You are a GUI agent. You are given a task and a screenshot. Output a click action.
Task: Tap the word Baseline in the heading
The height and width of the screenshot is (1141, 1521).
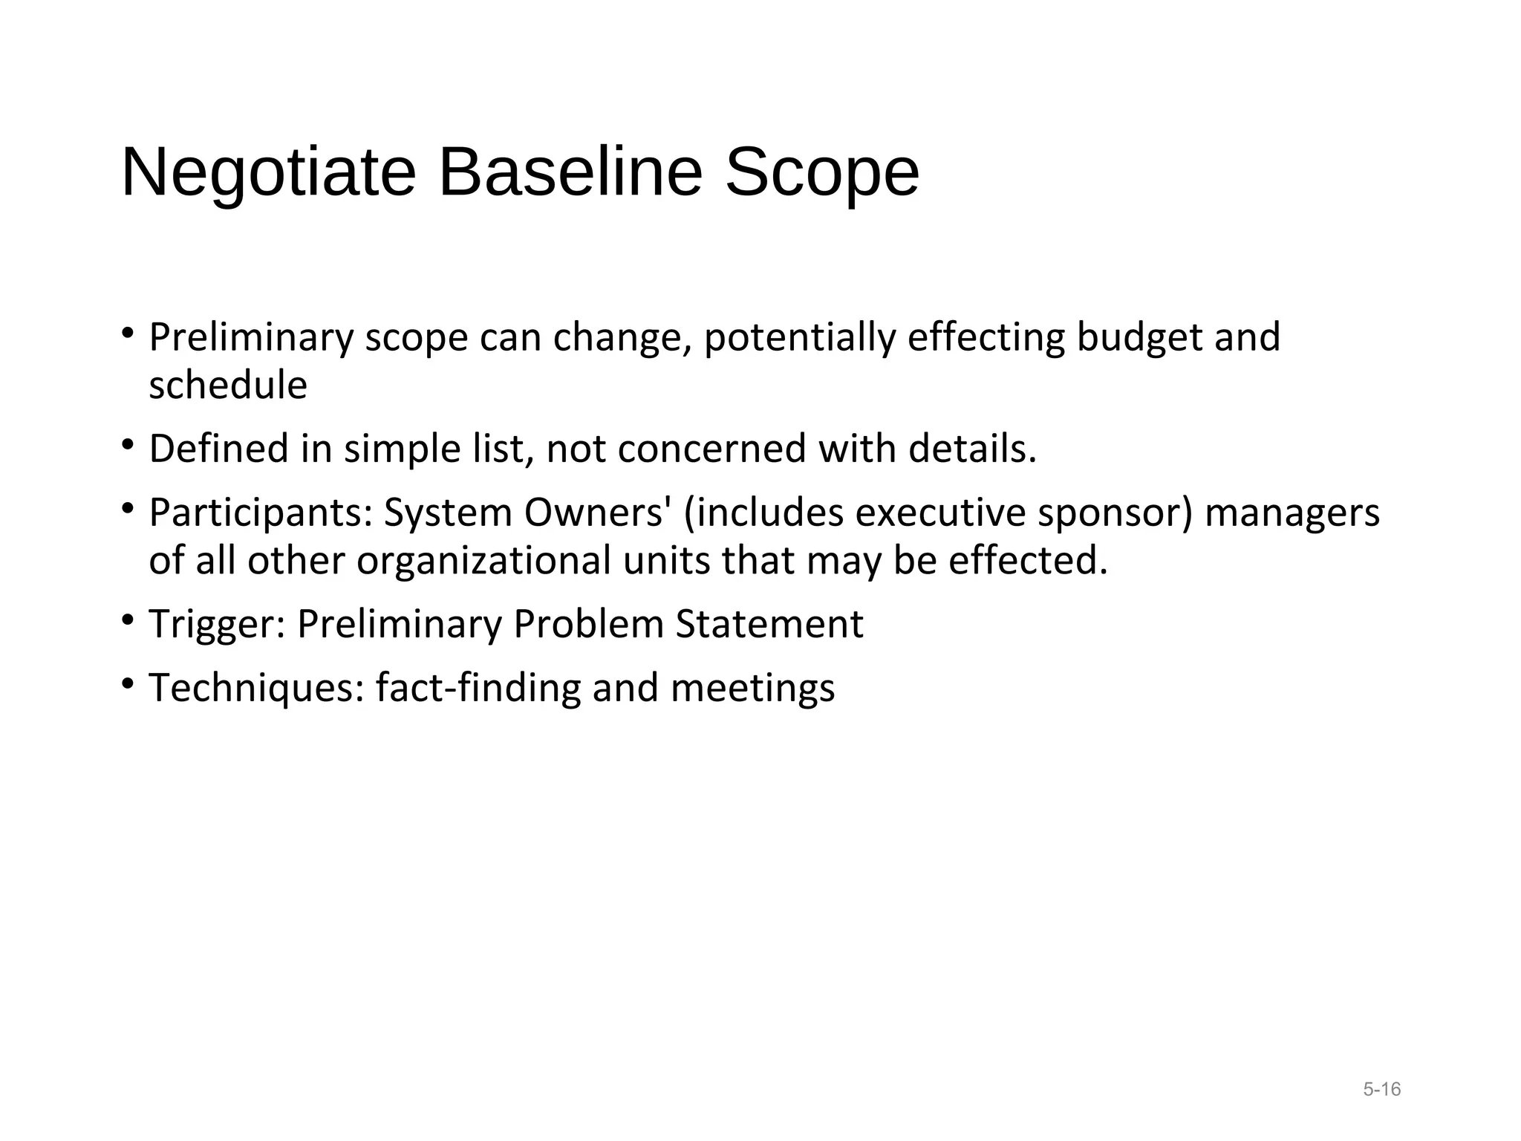(x=570, y=172)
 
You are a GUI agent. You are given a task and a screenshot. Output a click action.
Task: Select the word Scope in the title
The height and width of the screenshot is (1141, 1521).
(x=821, y=172)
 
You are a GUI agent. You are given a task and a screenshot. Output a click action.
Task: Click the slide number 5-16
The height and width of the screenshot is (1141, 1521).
(x=1381, y=1089)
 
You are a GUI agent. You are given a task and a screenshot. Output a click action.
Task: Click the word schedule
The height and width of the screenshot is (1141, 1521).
(x=228, y=386)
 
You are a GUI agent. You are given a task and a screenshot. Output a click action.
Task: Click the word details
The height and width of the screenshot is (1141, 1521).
(x=972, y=449)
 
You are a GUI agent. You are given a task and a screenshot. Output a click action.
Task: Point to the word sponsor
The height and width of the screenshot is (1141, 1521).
(x=1115, y=513)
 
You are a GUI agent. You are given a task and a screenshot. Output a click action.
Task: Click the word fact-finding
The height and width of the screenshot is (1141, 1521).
(x=478, y=688)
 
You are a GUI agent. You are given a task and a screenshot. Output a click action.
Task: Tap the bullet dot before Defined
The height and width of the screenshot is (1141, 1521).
(x=128, y=444)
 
